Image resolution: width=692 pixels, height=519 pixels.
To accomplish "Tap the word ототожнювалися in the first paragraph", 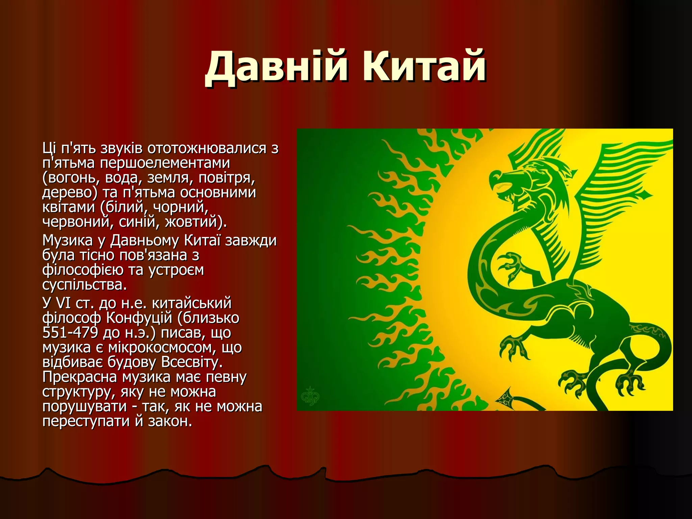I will point(207,148).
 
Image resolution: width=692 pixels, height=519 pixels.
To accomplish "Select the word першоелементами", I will point(165,163).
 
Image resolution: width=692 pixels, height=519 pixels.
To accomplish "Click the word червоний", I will point(76,222).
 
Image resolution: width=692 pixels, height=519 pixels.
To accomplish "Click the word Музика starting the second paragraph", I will point(67,240).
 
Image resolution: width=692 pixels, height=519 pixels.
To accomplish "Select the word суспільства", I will point(84,285).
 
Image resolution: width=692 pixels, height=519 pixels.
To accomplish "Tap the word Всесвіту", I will point(192,362).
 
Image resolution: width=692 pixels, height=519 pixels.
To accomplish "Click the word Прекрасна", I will point(80,377).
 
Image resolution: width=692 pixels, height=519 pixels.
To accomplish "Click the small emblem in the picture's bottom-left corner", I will point(310,396).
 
